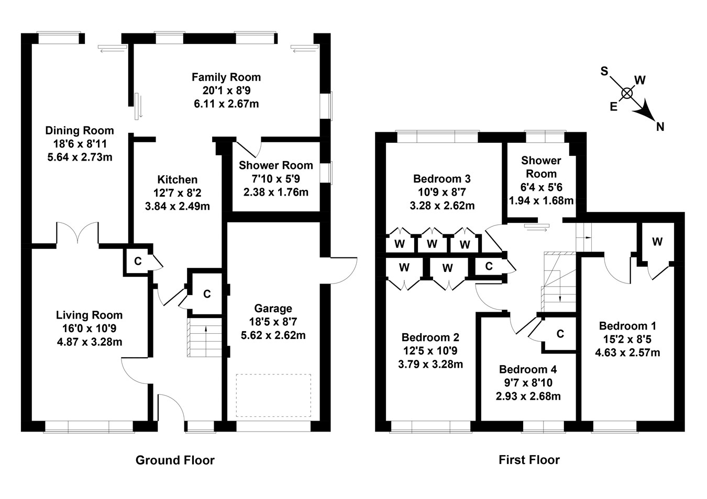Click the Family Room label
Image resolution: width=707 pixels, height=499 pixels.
(x=226, y=77)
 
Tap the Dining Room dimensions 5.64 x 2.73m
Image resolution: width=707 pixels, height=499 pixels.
(x=79, y=157)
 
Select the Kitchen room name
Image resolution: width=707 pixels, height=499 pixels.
(x=178, y=179)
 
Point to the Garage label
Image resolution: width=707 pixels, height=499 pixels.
(x=273, y=309)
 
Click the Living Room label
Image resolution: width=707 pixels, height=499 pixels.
(x=89, y=315)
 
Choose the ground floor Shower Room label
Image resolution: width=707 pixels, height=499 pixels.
(x=275, y=165)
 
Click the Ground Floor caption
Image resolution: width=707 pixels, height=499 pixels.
(x=175, y=460)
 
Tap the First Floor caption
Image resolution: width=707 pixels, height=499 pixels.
(x=529, y=460)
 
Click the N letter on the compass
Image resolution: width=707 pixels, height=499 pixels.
(x=660, y=126)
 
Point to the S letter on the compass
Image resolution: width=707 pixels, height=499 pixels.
(x=604, y=71)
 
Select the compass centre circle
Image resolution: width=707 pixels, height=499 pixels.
(x=626, y=93)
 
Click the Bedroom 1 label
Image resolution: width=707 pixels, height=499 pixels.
(x=627, y=326)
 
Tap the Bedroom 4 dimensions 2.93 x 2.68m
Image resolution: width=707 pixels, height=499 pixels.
(x=528, y=396)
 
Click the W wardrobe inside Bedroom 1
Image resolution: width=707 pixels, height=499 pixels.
(x=657, y=242)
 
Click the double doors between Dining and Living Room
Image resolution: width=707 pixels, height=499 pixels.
(x=78, y=233)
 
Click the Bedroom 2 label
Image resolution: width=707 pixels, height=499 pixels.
(x=430, y=337)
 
